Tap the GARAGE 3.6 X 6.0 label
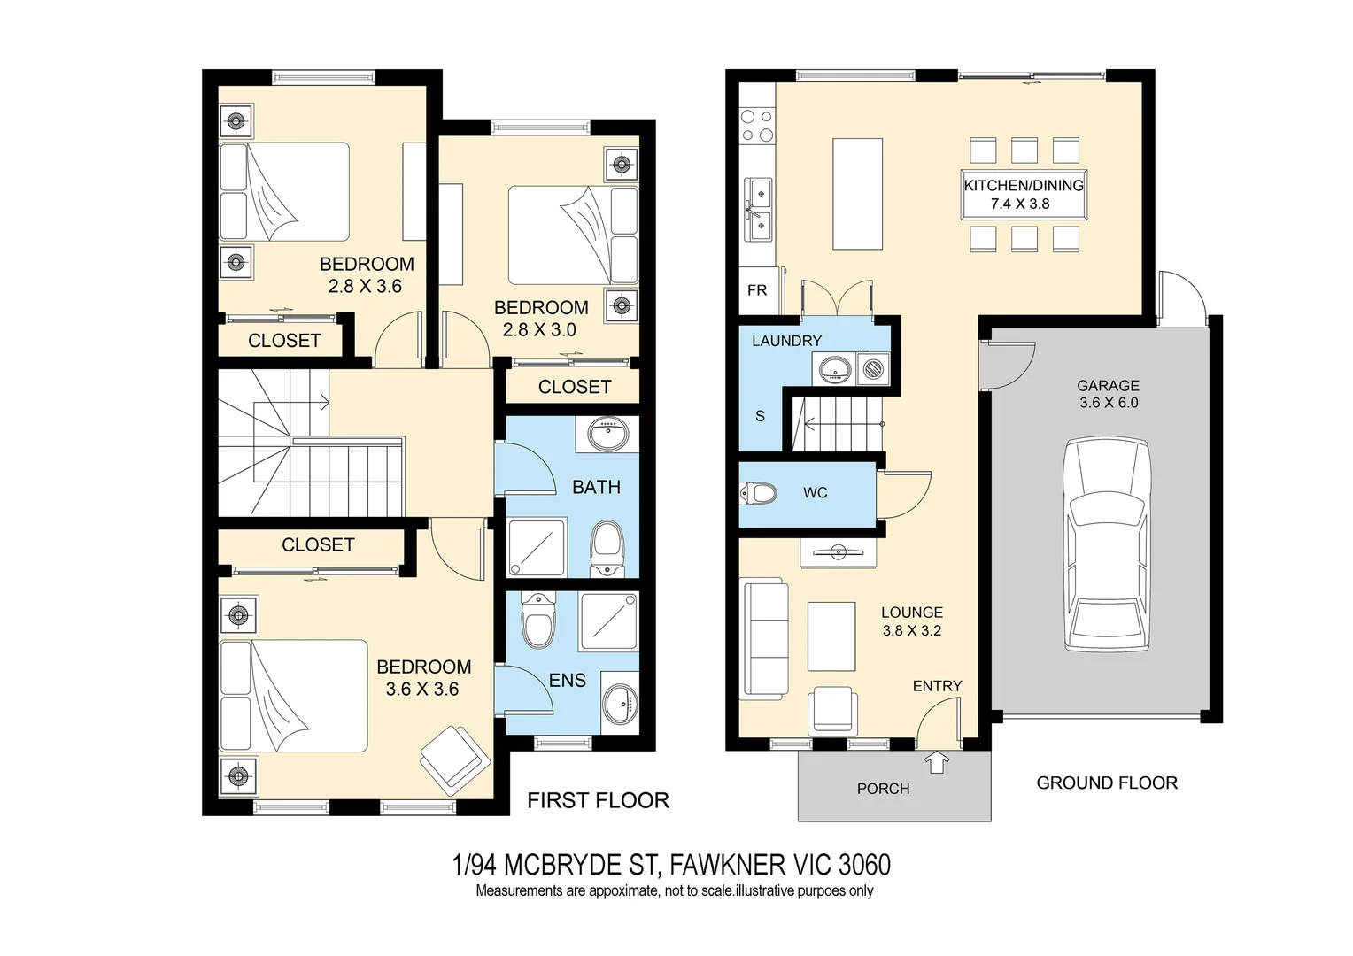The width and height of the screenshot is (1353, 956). [x=1109, y=394]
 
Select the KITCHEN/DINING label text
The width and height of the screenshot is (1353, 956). [x=1024, y=185]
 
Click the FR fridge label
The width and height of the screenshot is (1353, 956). [x=757, y=290]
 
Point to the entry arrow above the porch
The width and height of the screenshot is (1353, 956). [x=936, y=761]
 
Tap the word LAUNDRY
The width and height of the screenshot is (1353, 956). [x=786, y=341]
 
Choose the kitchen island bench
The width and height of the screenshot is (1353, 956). [x=857, y=194]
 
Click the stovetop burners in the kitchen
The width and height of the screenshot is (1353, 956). [x=757, y=126]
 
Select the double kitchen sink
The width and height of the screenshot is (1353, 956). [x=757, y=209]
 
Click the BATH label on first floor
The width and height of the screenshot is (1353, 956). [x=596, y=487]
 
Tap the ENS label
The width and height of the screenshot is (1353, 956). [x=568, y=680]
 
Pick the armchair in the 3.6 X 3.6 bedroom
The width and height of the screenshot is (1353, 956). [x=454, y=759]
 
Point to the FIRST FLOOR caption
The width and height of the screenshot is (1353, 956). [x=598, y=800]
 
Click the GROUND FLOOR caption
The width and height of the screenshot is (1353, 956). [x=1107, y=783]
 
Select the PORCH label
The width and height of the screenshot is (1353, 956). [x=883, y=788]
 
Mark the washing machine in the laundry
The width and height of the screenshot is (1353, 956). [x=873, y=367]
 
